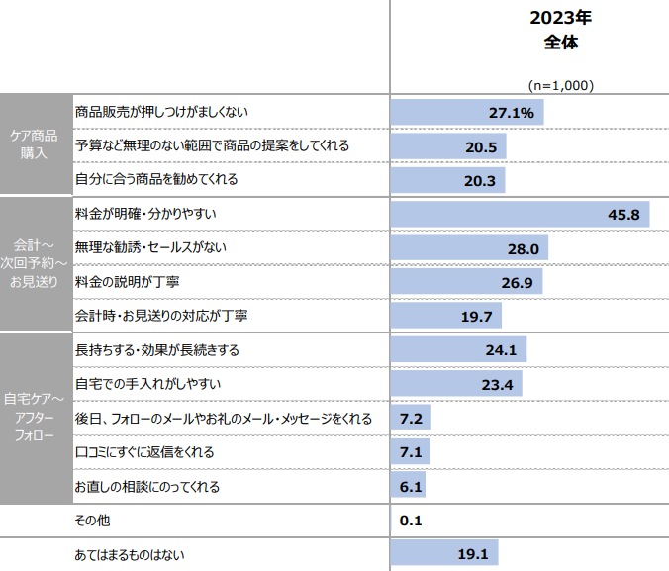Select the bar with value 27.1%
[466, 113]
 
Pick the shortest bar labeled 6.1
[409, 486]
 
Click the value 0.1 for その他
[411, 521]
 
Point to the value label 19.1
[473, 554]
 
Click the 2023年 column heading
[560, 19]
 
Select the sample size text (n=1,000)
[560, 85]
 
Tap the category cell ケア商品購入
[35, 145]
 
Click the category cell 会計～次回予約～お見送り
[35, 264]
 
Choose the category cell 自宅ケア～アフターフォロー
[35, 417]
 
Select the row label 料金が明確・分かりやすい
[145, 214]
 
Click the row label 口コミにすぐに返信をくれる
[144, 452]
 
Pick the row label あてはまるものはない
[130, 554]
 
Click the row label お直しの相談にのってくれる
[147, 486]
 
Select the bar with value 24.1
[458, 350]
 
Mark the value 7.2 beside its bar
[411, 419]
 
